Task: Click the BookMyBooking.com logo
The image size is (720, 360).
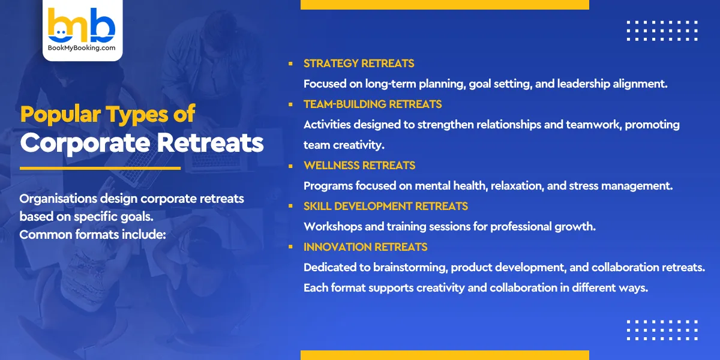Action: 82,29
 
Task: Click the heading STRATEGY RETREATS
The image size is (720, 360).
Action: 359,64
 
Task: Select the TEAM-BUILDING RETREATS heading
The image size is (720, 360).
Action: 373,104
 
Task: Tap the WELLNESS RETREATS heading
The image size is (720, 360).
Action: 359,166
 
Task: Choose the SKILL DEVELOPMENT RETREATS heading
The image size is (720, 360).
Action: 386,206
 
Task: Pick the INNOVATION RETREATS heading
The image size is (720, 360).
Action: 365,247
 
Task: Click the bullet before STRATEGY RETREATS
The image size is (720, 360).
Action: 290,64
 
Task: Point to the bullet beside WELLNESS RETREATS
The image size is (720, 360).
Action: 290,166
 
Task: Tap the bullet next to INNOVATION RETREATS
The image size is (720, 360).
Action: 290,247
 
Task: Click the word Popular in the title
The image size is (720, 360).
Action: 60,114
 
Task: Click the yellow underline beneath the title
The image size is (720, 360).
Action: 100,168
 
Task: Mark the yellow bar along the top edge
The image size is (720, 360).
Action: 445,5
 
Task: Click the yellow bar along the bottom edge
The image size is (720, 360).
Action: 445,355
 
